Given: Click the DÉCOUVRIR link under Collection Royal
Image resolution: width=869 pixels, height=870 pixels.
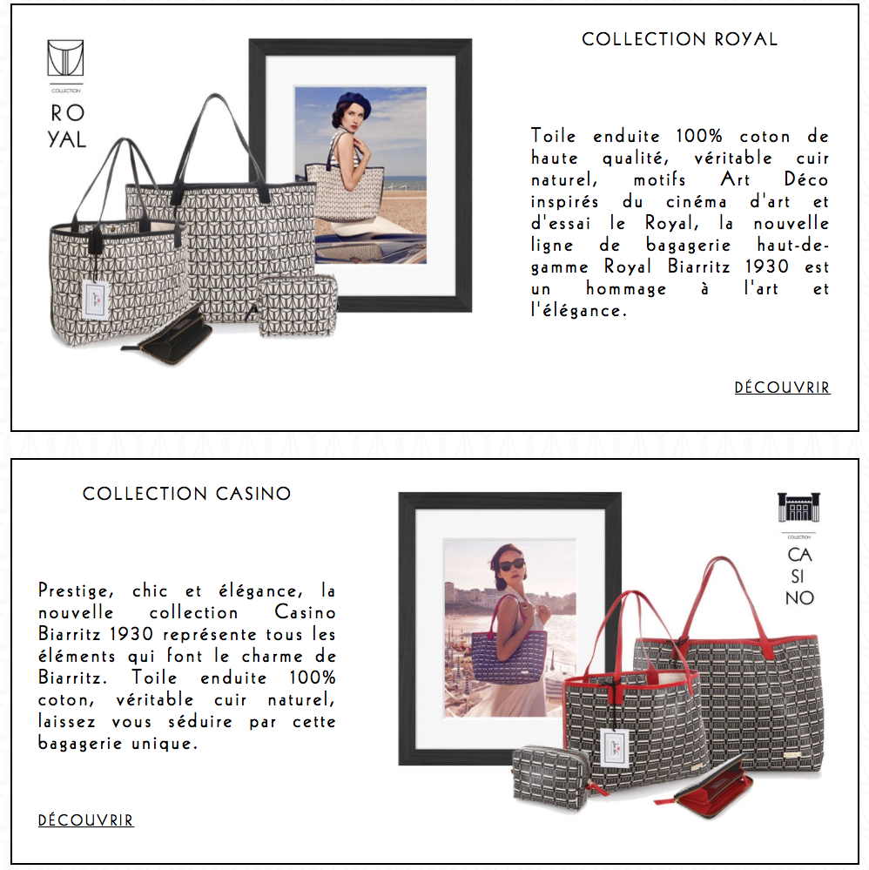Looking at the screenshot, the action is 783,388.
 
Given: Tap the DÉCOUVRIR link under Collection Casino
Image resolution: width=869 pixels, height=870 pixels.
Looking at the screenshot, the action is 86,820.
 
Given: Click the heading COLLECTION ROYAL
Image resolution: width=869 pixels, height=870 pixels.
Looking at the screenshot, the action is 680,39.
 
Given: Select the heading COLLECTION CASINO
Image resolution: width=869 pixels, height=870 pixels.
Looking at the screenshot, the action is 187,493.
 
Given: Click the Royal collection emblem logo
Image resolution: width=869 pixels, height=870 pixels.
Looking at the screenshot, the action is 65,57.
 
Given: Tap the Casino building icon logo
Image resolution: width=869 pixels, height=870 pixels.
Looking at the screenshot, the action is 798,507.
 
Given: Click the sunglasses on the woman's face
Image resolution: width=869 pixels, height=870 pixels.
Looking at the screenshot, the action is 512,565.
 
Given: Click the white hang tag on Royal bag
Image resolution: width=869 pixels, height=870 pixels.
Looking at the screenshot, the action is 95,300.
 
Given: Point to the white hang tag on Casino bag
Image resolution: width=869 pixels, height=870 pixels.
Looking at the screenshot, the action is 616,747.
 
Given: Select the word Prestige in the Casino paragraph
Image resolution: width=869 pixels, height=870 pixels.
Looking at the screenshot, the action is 76,591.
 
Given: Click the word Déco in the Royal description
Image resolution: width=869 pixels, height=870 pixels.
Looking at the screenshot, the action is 805,179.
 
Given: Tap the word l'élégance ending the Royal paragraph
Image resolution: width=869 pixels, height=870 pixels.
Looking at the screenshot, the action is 578,310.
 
